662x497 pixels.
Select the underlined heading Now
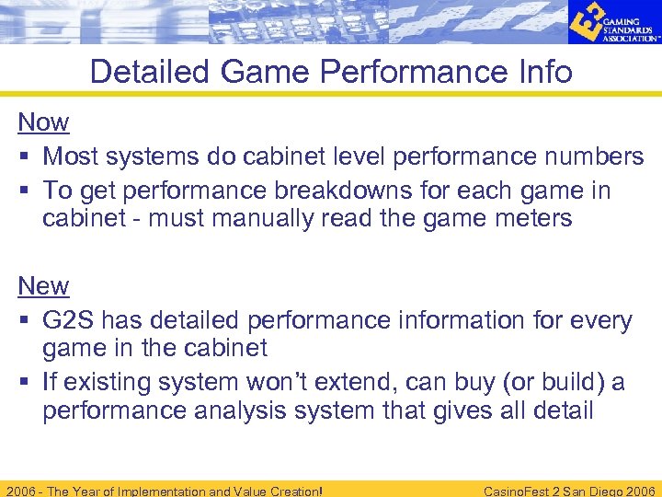coord(43,121)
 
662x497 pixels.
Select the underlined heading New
coord(43,286)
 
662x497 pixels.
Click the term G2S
coord(68,320)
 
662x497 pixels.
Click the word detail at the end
coord(562,410)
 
